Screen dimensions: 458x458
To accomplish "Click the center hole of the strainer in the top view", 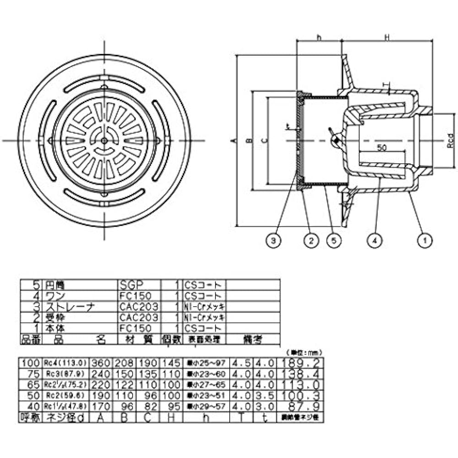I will pyautogui.click(x=104, y=141).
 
